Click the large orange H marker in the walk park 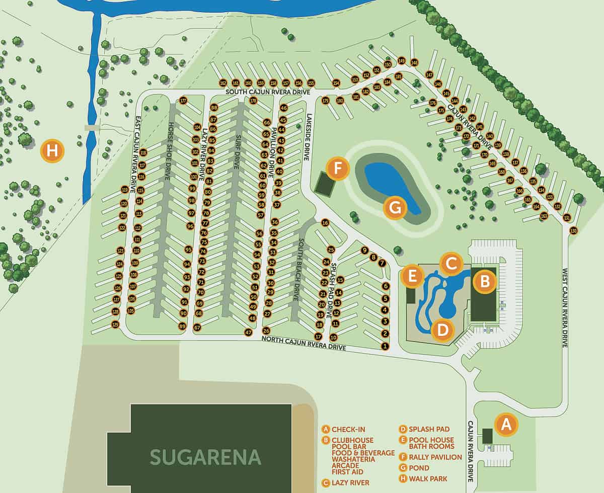tap(52, 150)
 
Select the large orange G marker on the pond tap(395, 207)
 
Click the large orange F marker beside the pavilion tap(338, 169)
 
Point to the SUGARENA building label tap(206, 457)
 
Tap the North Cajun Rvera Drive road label tap(304, 344)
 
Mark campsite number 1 tap(385, 346)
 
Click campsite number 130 tap(573, 231)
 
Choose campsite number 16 tap(325, 222)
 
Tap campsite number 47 tap(248, 332)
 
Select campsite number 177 tap(183, 100)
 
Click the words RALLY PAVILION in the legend tap(435, 457)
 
